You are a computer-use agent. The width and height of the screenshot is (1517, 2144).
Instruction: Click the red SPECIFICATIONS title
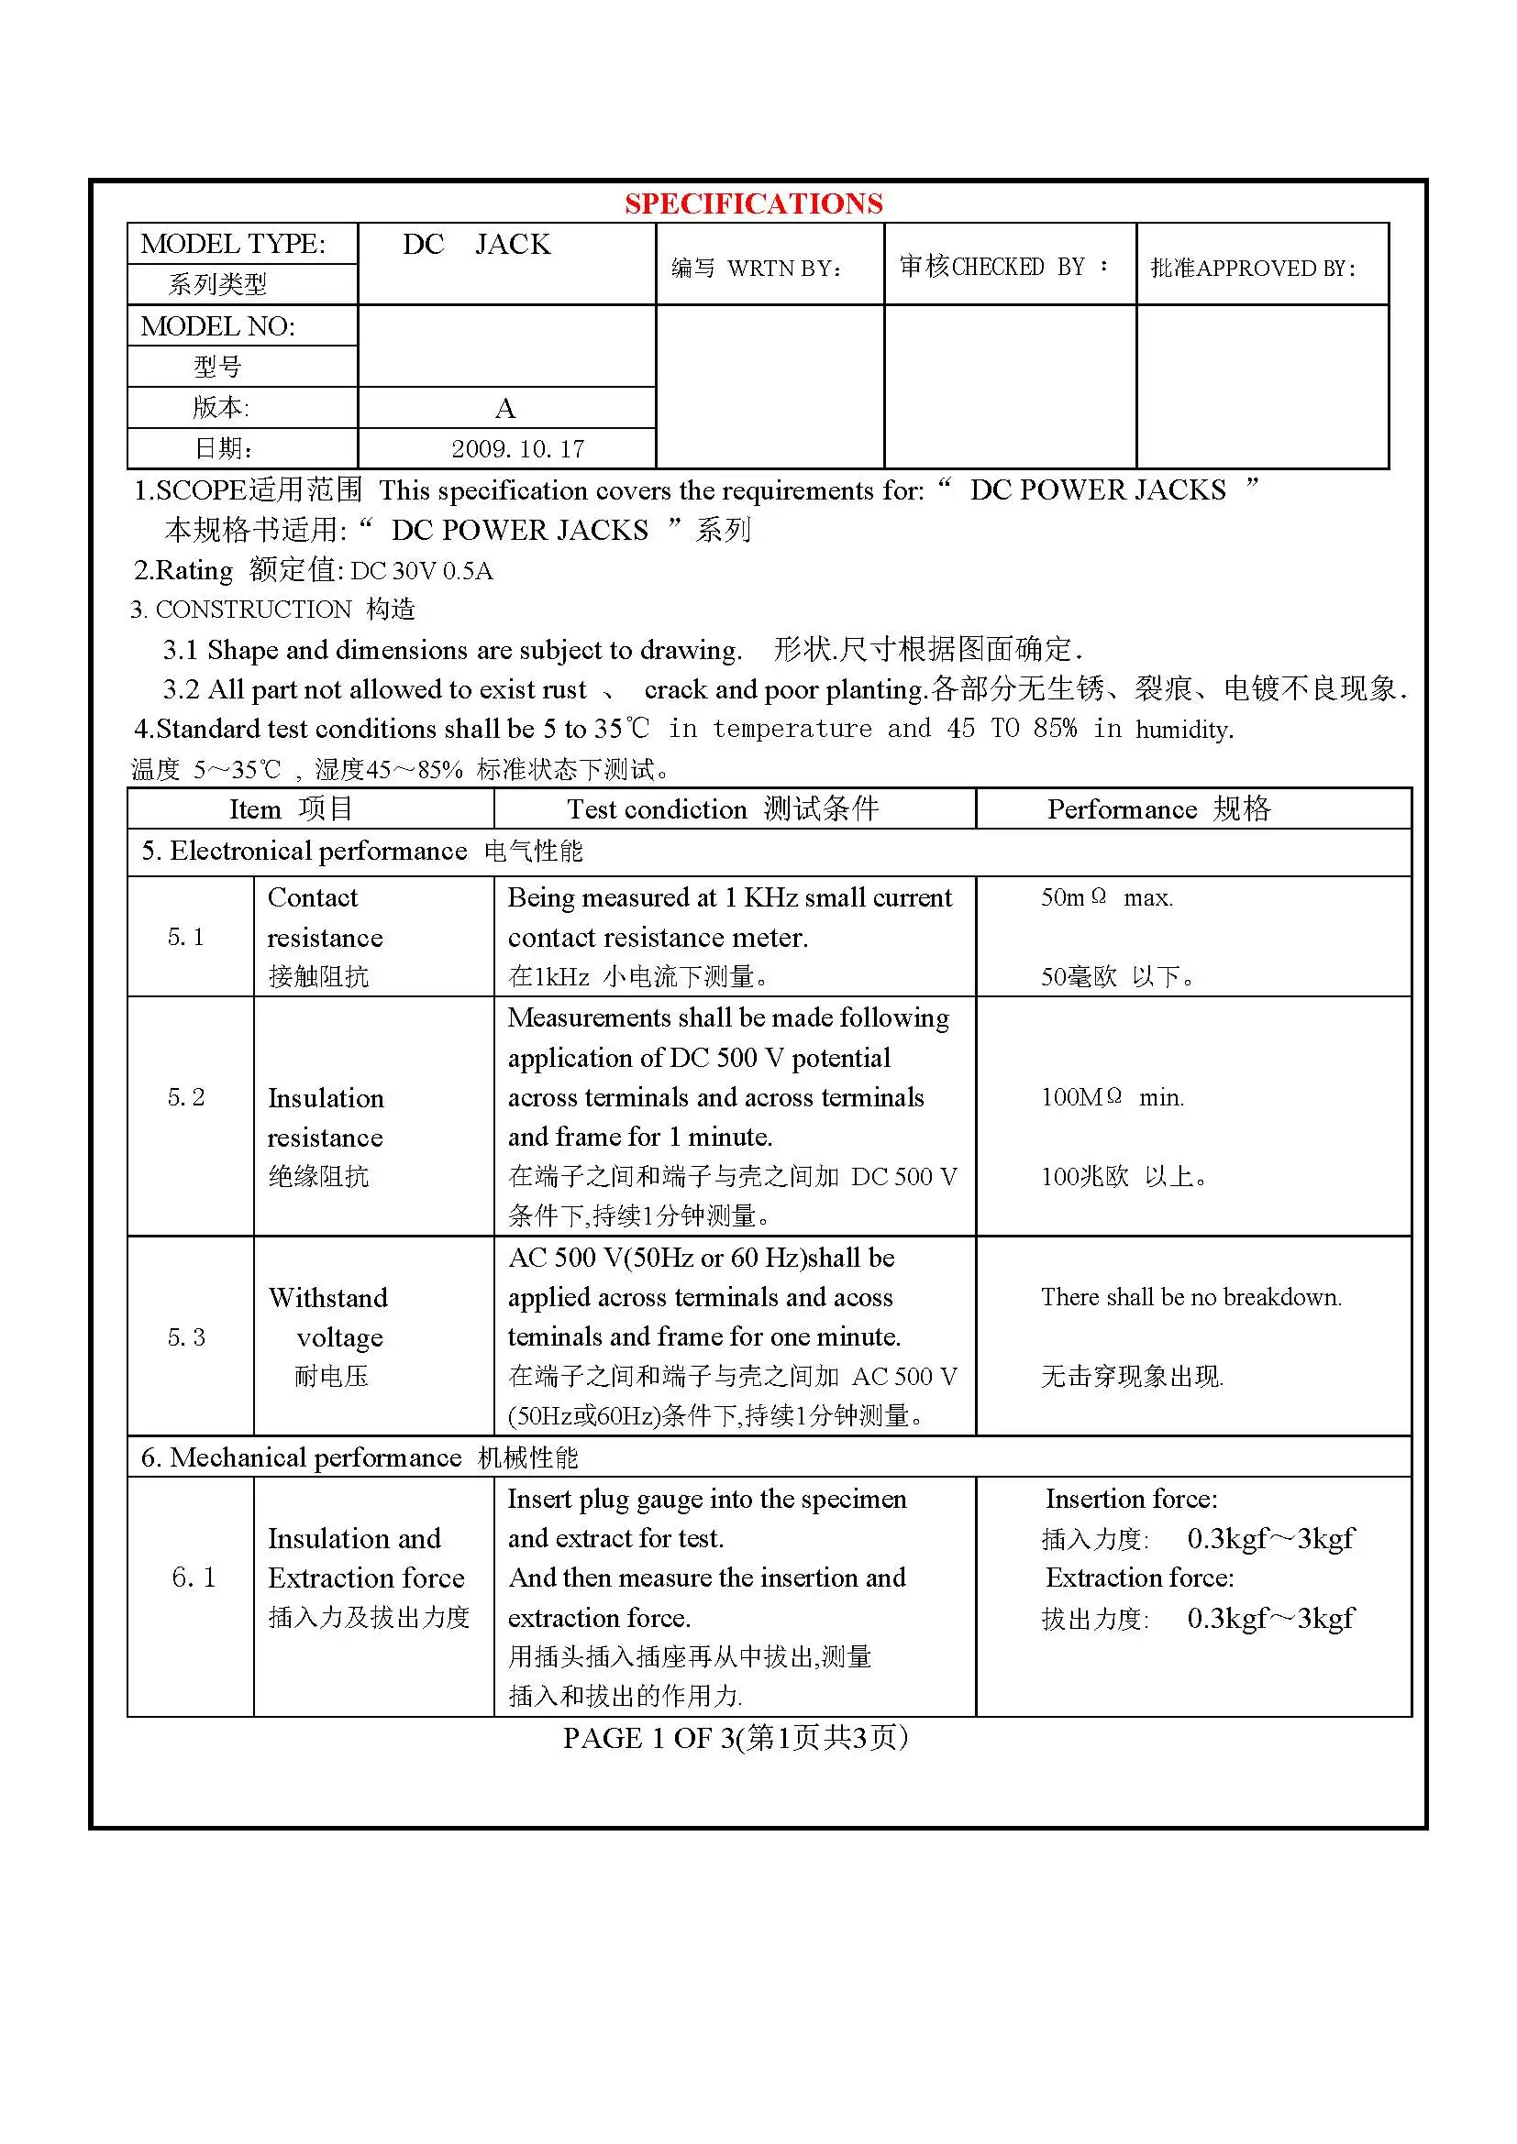coord(753,203)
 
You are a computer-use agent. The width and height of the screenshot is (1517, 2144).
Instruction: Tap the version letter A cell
coord(505,408)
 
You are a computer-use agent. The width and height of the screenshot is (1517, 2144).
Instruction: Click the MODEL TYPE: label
coord(234,244)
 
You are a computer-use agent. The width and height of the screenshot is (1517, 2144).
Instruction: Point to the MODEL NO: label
coord(217,326)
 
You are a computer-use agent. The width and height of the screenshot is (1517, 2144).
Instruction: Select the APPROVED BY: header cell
coord(1253,269)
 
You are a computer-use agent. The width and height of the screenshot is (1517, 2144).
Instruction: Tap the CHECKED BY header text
coord(1003,267)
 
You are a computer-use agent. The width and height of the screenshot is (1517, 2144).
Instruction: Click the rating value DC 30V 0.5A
coord(421,570)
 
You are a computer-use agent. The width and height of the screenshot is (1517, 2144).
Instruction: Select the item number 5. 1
coord(186,937)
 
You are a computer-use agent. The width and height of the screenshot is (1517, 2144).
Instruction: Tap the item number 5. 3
coord(186,1337)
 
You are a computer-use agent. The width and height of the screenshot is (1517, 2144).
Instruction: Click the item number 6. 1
coord(194,1578)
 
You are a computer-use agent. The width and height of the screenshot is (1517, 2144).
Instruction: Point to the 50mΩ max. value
coord(1107,897)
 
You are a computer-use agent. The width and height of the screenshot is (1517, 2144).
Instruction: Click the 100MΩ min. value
coord(1112,1097)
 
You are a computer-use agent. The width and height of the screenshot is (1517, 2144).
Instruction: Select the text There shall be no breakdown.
coord(1191,1297)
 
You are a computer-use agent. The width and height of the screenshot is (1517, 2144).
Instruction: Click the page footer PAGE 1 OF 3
coord(736,1738)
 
